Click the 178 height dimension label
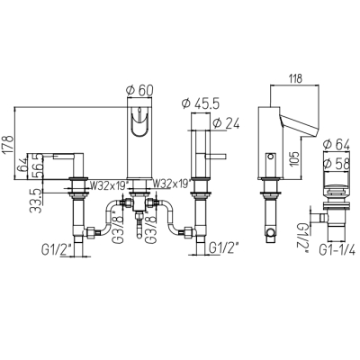[x=8, y=145]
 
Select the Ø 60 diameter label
[x=140, y=90]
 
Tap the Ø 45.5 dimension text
[x=201, y=103]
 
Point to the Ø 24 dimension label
[x=226, y=123]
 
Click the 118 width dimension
[x=294, y=78]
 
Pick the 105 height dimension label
[x=294, y=159]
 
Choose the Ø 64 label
[x=337, y=145]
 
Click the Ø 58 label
[x=337, y=164]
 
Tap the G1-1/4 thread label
[x=337, y=249]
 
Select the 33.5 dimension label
[x=35, y=201]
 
